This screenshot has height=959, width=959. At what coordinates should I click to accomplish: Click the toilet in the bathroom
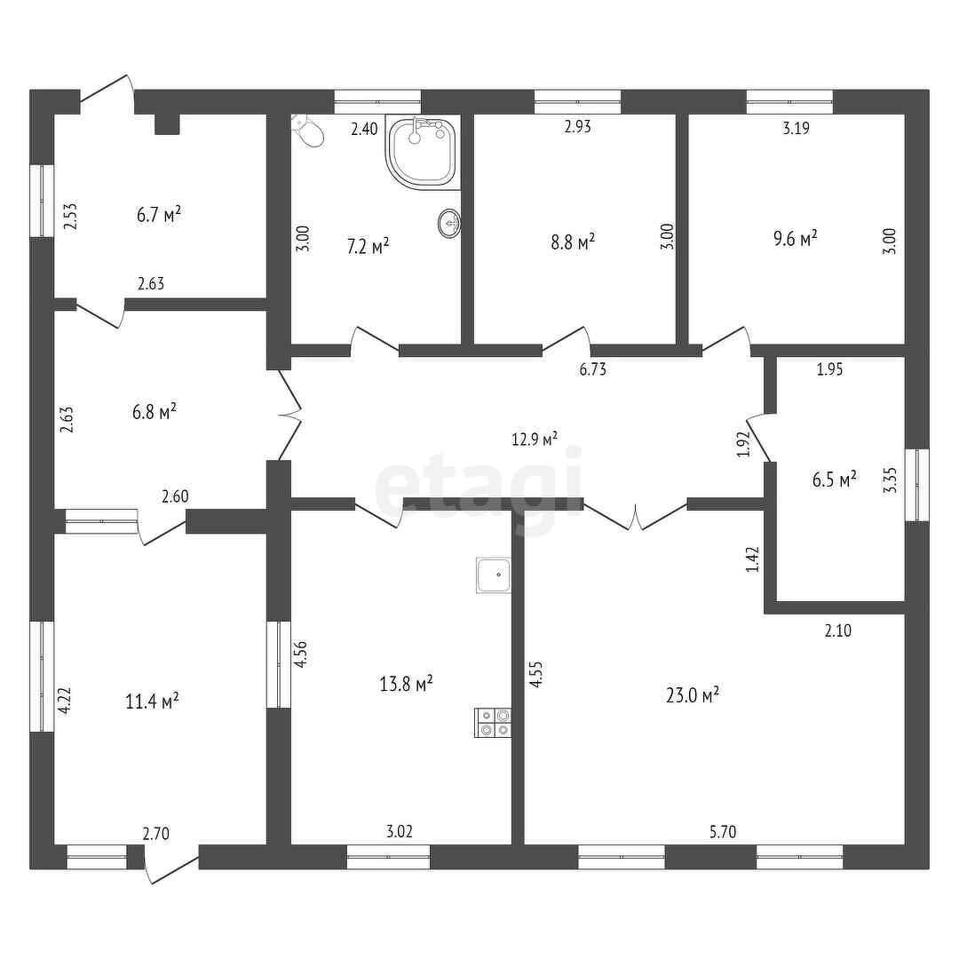[x=308, y=131]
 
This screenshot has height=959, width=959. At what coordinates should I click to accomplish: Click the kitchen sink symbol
[x=494, y=575]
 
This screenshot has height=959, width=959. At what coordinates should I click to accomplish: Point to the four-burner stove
[x=494, y=721]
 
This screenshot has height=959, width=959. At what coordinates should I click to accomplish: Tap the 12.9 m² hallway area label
[x=535, y=439]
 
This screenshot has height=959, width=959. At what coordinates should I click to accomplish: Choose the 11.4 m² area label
[x=153, y=701]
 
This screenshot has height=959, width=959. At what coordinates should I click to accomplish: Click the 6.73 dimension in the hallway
[x=592, y=370]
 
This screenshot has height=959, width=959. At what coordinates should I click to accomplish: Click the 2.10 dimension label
[x=838, y=631]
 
